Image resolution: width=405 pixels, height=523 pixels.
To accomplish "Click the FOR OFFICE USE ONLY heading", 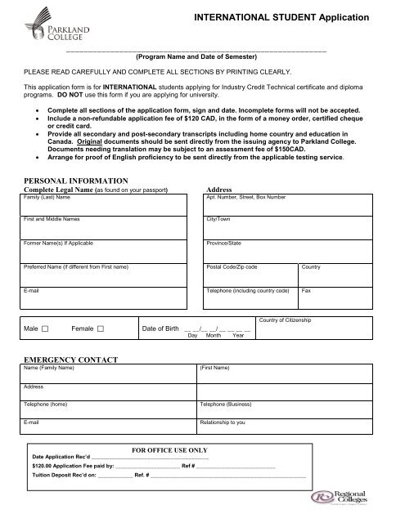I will pyautogui.click(x=169, y=449).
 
